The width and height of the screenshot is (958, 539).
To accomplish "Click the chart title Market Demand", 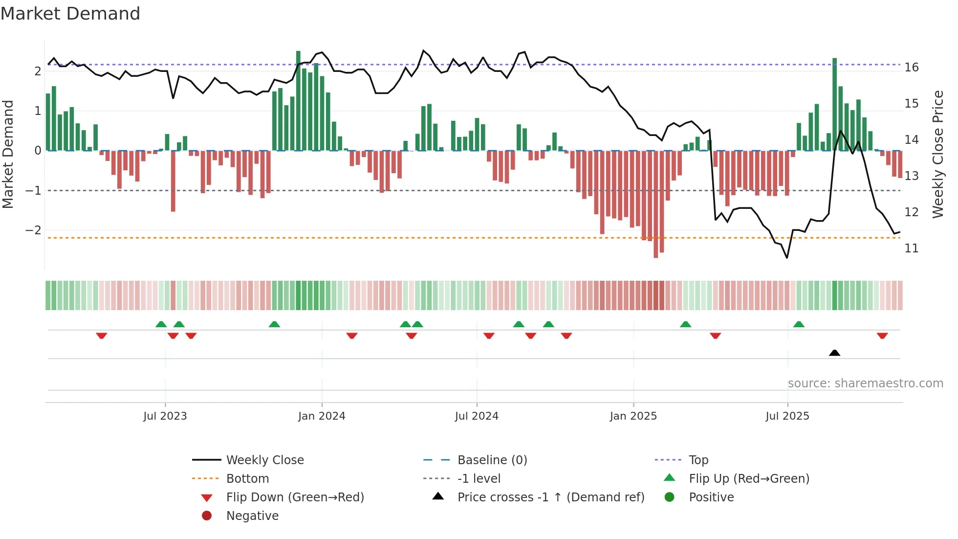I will (70, 14).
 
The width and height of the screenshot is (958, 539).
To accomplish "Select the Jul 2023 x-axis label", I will (165, 416).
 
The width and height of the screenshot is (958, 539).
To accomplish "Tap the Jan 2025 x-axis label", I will (633, 416).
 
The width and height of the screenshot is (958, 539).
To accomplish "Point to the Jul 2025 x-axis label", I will (787, 416).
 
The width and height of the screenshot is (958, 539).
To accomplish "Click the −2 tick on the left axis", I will (33, 230).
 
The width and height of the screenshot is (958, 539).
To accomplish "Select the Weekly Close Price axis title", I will (937, 154).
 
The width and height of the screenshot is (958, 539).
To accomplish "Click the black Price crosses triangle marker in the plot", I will (834, 353).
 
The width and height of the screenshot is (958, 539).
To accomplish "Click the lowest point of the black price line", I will (787, 257).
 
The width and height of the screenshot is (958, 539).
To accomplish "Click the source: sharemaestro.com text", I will (865, 383).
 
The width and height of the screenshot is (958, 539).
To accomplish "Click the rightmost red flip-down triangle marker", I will (882, 336).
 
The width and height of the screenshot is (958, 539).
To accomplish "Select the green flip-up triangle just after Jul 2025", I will (799, 324).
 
